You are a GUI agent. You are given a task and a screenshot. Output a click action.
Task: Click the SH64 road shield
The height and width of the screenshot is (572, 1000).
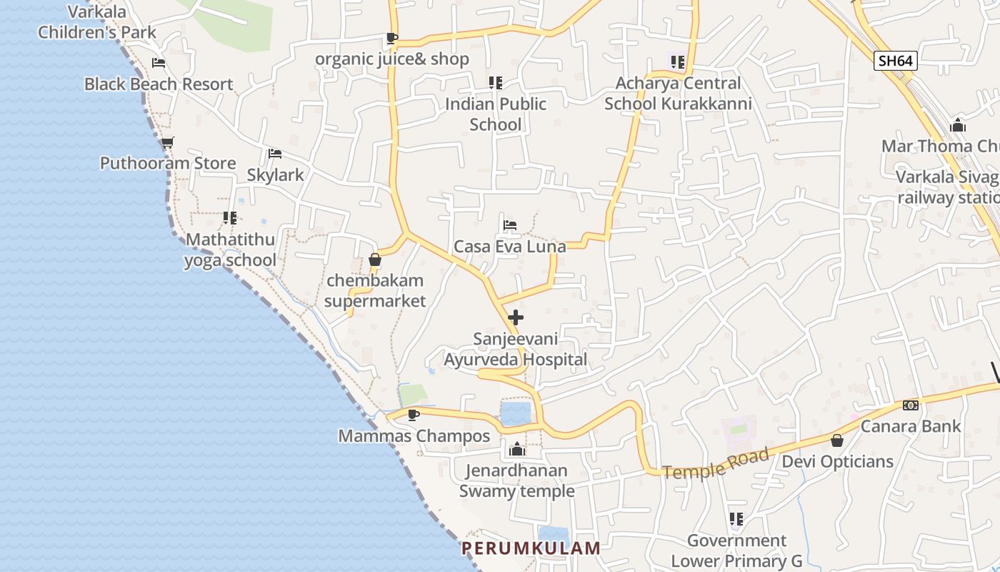pyautogui.click(x=895, y=61)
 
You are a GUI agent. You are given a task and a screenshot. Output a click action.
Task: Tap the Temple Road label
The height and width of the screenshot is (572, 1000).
pyautogui.click(x=716, y=463)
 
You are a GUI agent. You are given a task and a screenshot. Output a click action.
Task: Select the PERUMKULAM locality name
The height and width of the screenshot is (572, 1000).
pyautogui.click(x=531, y=548)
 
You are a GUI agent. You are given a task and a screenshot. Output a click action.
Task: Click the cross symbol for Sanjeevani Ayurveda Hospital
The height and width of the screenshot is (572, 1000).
pyautogui.click(x=516, y=317)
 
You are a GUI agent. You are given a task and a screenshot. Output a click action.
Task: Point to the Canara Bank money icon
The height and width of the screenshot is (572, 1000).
pyautogui.click(x=911, y=405)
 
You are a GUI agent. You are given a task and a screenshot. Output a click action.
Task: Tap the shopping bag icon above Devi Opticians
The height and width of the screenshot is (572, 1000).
pyautogui.click(x=837, y=440)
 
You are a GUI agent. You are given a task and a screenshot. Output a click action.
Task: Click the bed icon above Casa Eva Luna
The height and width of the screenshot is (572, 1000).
pyautogui.click(x=510, y=225)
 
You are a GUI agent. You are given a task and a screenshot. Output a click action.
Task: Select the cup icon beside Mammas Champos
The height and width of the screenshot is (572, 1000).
pyautogui.click(x=413, y=415)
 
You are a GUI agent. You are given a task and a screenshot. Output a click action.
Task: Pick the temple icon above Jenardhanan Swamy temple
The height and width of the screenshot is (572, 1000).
pyautogui.click(x=517, y=450)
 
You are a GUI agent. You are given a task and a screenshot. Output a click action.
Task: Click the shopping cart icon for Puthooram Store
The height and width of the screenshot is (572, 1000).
pyautogui.click(x=168, y=142)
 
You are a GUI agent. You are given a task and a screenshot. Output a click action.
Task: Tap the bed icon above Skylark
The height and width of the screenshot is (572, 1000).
pyautogui.click(x=275, y=154)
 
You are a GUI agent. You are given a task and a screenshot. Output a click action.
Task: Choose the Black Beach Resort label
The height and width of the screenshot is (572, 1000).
pyautogui.click(x=159, y=84)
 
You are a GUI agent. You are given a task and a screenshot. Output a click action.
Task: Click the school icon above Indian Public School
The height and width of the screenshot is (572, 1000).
pyautogui.click(x=496, y=83)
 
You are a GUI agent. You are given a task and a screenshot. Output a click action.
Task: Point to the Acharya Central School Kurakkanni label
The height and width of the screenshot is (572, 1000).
pyautogui.click(x=678, y=94)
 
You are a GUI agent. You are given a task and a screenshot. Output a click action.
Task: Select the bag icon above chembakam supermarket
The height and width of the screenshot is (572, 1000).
pyautogui.click(x=375, y=260)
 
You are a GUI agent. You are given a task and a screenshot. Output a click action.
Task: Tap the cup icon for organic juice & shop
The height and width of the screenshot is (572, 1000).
pyautogui.click(x=391, y=38)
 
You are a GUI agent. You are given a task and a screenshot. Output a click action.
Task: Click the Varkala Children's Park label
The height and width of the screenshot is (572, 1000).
pyautogui.click(x=97, y=22)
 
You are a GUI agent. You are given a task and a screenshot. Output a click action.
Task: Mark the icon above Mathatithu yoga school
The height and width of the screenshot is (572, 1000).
pyautogui.click(x=230, y=218)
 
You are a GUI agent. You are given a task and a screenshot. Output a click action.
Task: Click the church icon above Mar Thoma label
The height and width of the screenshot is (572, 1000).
pyautogui.click(x=958, y=126)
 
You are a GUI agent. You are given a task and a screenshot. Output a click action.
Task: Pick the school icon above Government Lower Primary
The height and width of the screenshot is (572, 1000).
pyautogui.click(x=736, y=519)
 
